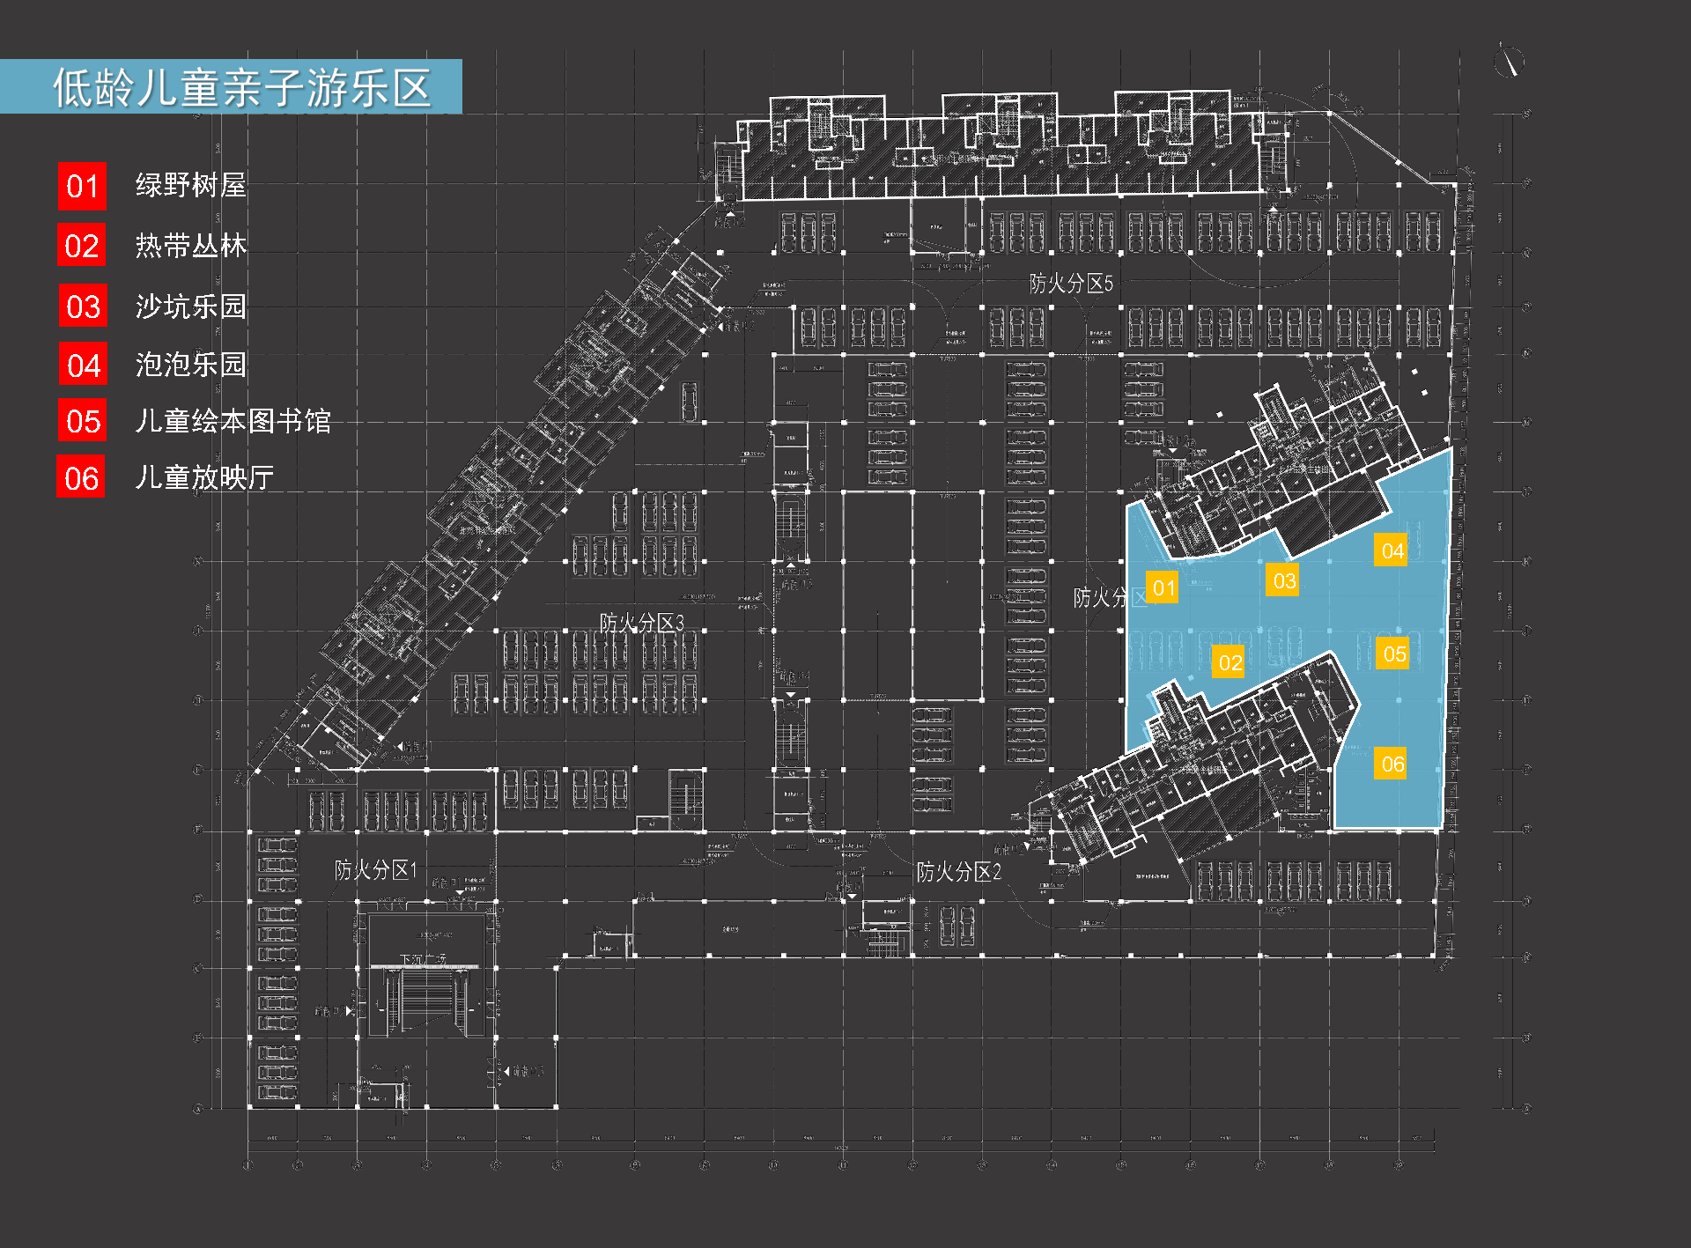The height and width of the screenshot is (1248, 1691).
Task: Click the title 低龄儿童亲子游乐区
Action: (x=241, y=87)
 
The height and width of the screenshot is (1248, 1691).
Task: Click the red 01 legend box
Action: (x=82, y=187)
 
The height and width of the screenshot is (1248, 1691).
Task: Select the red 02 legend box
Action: (x=82, y=246)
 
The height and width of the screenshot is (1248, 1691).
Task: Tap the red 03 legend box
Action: (x=83, y=306)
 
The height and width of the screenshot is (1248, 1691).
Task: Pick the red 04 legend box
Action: (x=83, y=365)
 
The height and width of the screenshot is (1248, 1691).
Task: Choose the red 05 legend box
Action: (x=83, y=421)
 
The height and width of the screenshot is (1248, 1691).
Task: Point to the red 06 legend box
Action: (x=81, y=477)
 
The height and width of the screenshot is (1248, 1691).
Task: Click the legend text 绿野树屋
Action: (x=190, y=185)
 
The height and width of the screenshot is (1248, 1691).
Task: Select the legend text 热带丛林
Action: (x=190, y=246)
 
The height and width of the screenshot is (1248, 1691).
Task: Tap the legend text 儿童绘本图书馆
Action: (x=233, y=421)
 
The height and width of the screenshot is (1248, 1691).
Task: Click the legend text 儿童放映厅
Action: (x=204, y=477)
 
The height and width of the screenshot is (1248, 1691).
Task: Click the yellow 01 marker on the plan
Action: (x=1163, y=587)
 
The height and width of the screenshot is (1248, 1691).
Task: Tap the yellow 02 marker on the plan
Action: (x=1229, y=662)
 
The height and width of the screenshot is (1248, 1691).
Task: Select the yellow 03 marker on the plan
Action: (x=1283, y=581)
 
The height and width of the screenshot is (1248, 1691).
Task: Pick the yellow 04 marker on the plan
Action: (x=1392, y=551)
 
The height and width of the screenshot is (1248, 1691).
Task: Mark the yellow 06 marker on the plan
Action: (x=1392, y=764)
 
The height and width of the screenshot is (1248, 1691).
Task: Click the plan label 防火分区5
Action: (x=1071, y=283)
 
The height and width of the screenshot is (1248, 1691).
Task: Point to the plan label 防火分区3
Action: (x=641, y=623)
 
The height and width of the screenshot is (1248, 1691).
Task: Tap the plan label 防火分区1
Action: (x=375, y=870)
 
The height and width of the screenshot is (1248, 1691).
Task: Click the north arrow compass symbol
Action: (x=1510, y=62)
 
